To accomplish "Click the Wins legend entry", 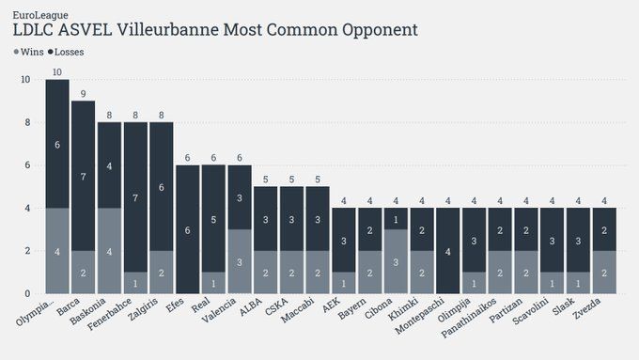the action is coord(29,52).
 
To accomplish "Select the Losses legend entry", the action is coord(66,52).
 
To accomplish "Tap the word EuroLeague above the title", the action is coord(40,15).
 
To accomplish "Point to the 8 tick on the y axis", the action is coord(27,122).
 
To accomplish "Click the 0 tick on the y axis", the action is coord(27,293).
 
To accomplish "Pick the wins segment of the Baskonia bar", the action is coord(109,251).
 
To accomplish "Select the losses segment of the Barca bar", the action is coord(83,176).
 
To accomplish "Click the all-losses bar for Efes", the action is coord(187,229).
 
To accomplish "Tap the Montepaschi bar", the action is coord(448,251).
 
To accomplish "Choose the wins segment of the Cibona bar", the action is coord(396,261).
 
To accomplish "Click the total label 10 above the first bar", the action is coord(57,72).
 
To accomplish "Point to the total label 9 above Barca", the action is coord(83,94).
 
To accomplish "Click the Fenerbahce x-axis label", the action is coord(109,314).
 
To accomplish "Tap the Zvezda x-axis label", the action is coord(586,308).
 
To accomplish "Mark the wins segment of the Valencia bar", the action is coord(240,261).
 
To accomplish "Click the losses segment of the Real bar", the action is coord(213,218).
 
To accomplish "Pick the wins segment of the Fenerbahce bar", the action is coord(135,283).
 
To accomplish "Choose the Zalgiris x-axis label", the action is coord(143,309).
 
